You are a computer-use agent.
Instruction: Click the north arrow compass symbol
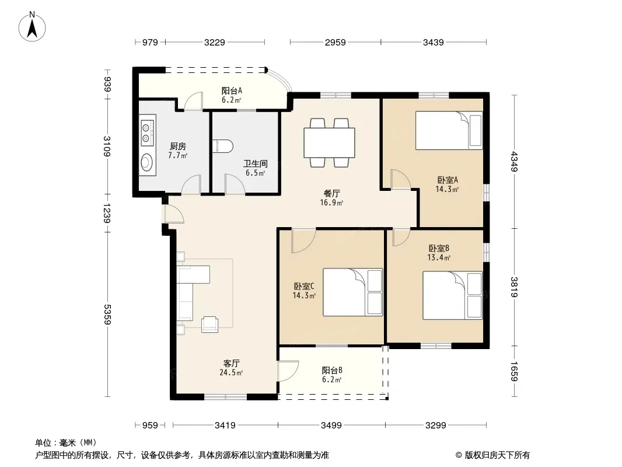click(x=32, y=27)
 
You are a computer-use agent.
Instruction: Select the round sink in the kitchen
click(x=147, y=162)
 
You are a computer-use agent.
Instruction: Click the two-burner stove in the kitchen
click(x=147, y=133)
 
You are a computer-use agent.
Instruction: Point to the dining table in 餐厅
click(x=329, y=142)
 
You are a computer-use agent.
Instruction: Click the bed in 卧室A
click(x=449, y=130)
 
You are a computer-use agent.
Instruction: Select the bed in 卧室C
click(x=352, y=292)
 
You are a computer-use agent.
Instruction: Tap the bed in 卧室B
click(x=453, y=295)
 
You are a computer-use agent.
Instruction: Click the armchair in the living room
click(x=209, y=324)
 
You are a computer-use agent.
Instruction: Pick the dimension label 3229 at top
click(x=215, y=42)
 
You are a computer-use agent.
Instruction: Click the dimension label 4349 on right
click(x=514, y=162)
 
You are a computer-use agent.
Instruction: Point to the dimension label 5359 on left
click(x=107, y=314)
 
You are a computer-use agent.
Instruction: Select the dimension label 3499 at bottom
click(x=331, y=426)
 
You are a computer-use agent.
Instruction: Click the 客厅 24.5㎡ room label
click(x=231, y=368)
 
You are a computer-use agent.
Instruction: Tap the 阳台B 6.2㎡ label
click(x=332, y=375)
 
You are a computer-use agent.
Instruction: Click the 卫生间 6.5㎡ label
click(x=255, y=168)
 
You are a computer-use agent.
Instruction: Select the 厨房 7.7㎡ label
click(x=177, y=151)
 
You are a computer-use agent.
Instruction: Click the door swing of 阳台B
click(x=288, y=371)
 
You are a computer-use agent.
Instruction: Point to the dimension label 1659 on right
click(x=514, y=371)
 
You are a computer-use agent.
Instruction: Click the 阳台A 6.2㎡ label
click(x=232, y=95)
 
